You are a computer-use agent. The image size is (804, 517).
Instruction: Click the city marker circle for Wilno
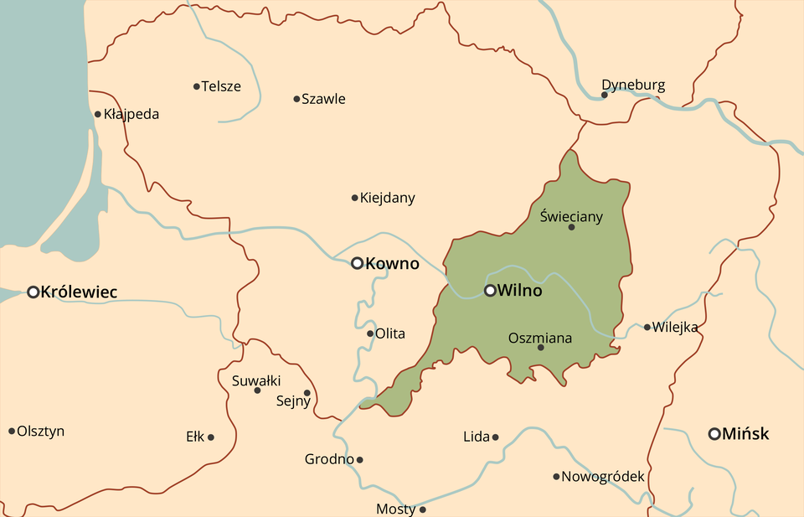pyautogui.click(x=490, y=291)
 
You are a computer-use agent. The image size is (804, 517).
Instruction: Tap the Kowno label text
pyautogui.click(x=392, y=264)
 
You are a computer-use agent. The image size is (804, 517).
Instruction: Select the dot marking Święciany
pyautogui.click(x=572, y=227)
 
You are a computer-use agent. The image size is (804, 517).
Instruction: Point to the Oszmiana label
pyautogui.click(x=540, y=339)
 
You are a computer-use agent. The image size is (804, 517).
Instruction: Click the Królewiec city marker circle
pyautogui.click(x=33, y=292)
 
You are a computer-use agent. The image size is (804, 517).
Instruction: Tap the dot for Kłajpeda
pyautogui.click(x=98, y=115)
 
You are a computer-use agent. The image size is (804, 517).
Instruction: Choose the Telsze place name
pyautogui.click(x=221, y=86)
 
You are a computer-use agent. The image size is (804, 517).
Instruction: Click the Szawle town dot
pyautogui.click(x=296, y=99)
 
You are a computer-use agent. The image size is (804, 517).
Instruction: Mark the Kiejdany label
pyautogui.click(x=387, y=199)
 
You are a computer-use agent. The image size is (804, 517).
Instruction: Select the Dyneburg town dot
pyautogui.click(x=604, y=95)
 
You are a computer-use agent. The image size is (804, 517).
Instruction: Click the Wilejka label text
pyautogui.click(x=675, y=328)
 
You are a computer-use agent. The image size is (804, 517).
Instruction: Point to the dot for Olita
pyautogui.click(x=370, y=333)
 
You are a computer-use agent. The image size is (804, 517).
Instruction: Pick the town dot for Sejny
pyautogui.click(x=307, y=392)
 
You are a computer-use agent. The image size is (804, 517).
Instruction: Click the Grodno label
pyautogui.click(x=328, y=459)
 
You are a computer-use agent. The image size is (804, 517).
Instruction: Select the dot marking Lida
pyautogui.click(x=495, y=437)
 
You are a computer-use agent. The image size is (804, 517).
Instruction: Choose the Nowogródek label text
pyautogui.click(x=603, y=477)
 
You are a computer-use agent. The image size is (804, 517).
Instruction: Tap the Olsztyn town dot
pyautogui.click(x=12, y=432)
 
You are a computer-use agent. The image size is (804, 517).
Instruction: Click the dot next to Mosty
pyautogui.click(x=422, y=509)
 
